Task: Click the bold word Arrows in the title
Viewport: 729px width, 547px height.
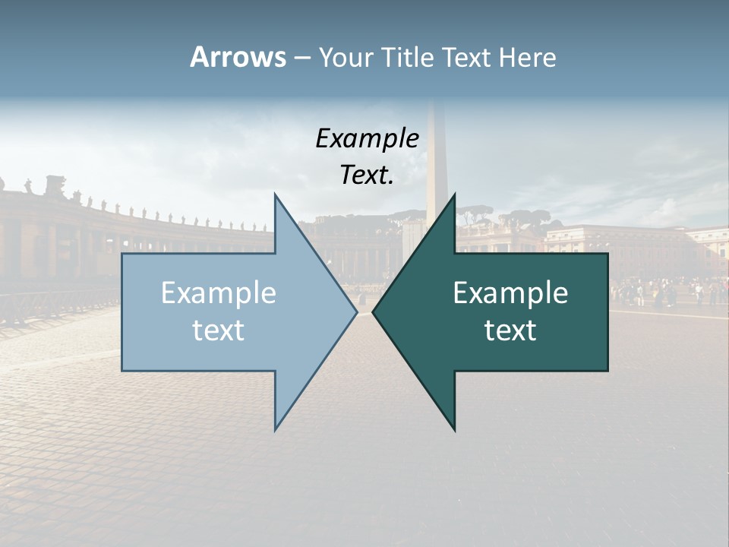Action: (238, 58)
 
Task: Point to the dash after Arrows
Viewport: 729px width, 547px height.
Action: (301, 58)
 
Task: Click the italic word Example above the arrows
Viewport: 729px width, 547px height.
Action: (367, 138)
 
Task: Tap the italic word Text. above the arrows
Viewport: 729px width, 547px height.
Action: (367, 175)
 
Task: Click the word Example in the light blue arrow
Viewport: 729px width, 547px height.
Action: (219, 293)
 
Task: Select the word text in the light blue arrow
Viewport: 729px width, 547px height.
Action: (219, 330)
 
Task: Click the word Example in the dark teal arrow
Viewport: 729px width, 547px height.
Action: (510, 293)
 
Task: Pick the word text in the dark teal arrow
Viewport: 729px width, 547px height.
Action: (510, 330)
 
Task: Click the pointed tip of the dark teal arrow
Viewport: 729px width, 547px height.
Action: (374, 312)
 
